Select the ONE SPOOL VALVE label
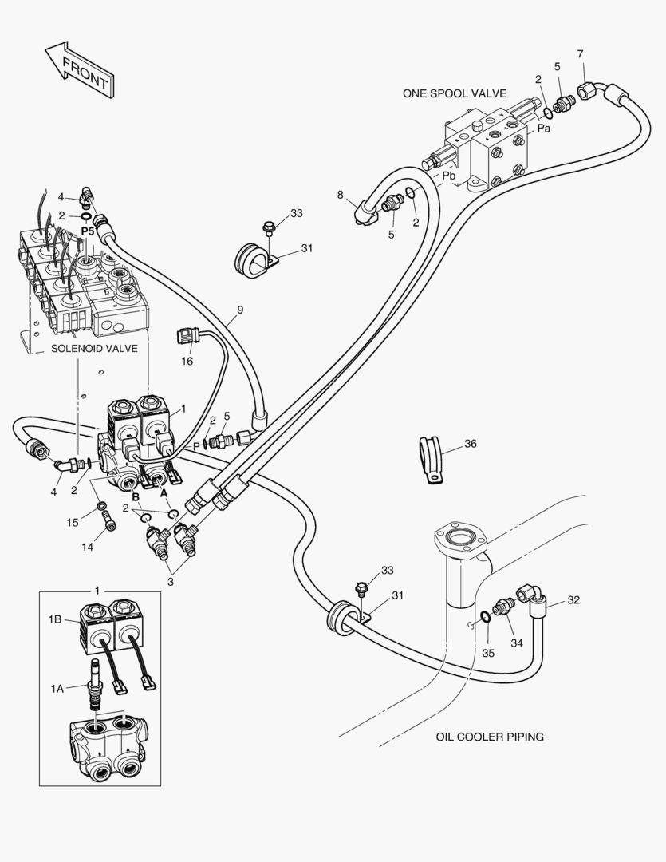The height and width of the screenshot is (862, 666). click(x=454, y=93)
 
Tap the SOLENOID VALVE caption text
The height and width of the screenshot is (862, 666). click(x=94, y=349)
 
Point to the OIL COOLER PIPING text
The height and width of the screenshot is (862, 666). click(x=490, y=737)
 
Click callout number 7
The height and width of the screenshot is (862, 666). click(x=580, y=54)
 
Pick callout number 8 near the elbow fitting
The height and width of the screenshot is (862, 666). click(x=341, y=195)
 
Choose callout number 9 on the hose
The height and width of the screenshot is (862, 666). click(x=240, y=310)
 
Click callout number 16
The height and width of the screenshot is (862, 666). click(x=187, y=361)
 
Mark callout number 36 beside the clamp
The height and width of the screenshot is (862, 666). click(x=470, y=445)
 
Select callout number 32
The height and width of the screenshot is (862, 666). click(x=574, y=600)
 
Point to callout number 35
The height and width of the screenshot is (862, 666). click(x=488, y=652)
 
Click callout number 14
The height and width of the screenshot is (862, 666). click(x=88, y=547)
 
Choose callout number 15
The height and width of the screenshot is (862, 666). click(x=73, y=522)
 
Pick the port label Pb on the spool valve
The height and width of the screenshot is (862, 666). click(x=450, y=176)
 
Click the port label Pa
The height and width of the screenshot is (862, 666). click(x=543, y=127)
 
